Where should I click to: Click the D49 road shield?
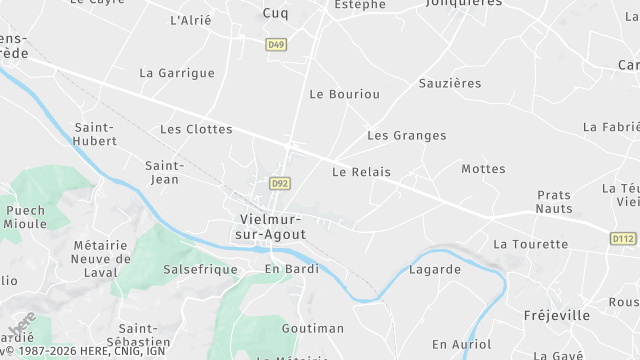click(276, 44)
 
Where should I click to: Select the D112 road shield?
click(623, 238)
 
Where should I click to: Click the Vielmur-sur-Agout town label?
click(273, 226)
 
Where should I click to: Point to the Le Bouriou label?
click(345, 94)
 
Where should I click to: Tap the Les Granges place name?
click(406, 135)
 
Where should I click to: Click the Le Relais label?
click(361, 172)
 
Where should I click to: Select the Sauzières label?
click(450, 83)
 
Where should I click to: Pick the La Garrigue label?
click(177, 73)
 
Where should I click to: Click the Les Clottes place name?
click(196, 129)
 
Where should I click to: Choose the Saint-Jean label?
click(162, 172)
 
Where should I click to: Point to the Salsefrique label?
click(200, 270)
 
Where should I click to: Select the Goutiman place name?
click(312, 328)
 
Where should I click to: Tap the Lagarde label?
click(435, 269)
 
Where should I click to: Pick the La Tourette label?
click(529, 244)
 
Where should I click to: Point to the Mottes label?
click(483, 169)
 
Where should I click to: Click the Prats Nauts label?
click(554, 202)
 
